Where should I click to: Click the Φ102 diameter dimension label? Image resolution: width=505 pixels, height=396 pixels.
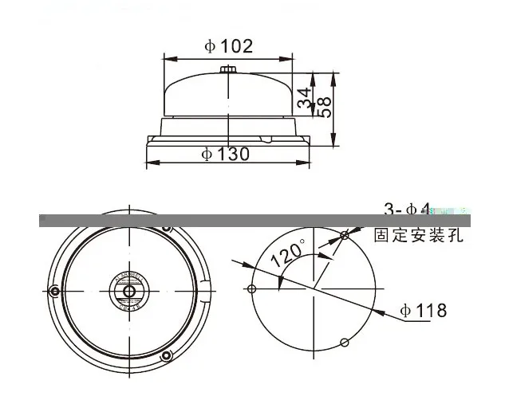point(228,46)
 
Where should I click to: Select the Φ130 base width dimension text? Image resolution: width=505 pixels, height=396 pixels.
point(226,153)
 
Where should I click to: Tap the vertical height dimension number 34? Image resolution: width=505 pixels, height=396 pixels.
point(304,99)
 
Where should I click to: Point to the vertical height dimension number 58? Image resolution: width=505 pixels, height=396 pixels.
point(325,107)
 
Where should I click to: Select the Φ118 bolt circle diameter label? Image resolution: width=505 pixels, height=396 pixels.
point(423,311)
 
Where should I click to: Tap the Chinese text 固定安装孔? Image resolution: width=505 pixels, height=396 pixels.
point(418,236)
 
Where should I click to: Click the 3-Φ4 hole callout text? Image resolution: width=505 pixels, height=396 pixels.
point(407,210)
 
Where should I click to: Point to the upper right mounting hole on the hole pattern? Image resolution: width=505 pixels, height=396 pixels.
point(345,235)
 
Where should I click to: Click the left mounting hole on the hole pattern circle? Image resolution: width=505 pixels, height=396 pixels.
point(252,288)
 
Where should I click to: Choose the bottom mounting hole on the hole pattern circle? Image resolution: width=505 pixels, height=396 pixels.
point(344,343)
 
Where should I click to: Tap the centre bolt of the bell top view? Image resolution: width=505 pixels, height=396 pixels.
point(124,290)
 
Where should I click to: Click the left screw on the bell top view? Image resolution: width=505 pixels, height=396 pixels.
point(54,290)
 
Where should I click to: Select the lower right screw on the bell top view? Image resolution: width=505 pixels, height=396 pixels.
point(166,354)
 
